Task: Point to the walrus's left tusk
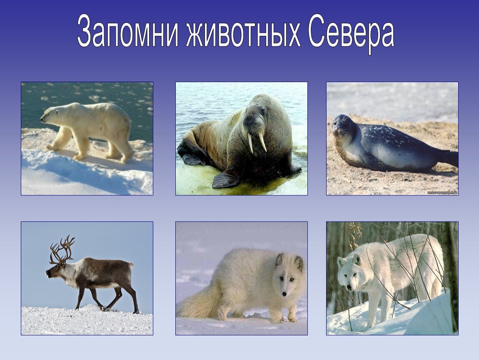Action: (x=250, y=143)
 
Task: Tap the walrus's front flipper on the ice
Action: (x=226, y=180)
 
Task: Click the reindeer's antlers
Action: (x=62, y=249)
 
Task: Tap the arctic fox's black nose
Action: (x=284, y=294)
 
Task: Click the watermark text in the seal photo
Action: (x=442, y=192)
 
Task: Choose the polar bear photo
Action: (x=87, y=138)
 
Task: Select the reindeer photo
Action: (x=87, y=278)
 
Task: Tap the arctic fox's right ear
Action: (x=299, y=263)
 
